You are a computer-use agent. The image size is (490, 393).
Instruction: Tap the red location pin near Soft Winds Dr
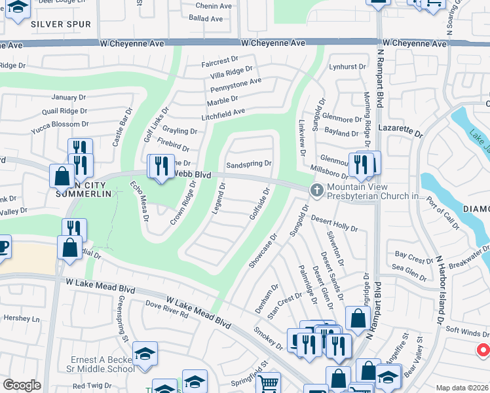[483, 350]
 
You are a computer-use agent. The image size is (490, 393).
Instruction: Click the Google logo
[22, 385]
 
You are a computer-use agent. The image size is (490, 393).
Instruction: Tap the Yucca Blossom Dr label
[60, 124]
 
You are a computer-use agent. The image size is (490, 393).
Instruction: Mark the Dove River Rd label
[166, 309]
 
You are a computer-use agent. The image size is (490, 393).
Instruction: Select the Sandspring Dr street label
[248, 164]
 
